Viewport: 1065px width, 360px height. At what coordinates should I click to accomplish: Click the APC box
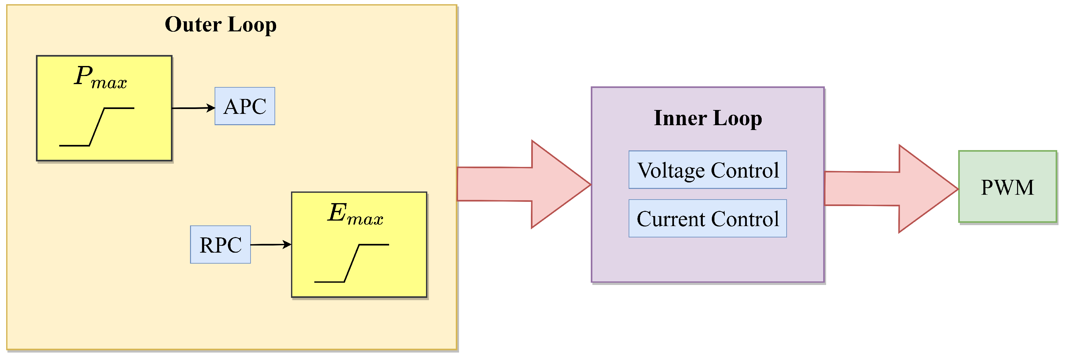(x=245, y=106)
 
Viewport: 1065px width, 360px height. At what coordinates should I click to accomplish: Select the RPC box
(x=220, y=245)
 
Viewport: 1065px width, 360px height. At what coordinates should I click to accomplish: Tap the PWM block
(x=1007, y=187)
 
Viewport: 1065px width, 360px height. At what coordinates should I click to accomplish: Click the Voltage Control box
(x=707, y=170)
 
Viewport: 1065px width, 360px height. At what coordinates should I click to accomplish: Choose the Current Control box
(x=707, y=219)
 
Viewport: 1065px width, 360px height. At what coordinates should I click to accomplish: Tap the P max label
(x=100, y=77)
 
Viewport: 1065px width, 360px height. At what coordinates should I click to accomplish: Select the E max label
(x=355, y=214)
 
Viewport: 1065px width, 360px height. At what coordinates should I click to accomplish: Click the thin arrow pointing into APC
(x=193, y=108)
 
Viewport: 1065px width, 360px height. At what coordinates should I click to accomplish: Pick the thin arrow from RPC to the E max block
(x=271, y=245)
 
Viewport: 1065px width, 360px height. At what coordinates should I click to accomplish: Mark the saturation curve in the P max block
(x=97, y=127)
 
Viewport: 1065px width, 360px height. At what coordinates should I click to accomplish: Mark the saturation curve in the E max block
(x=352, y=263)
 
